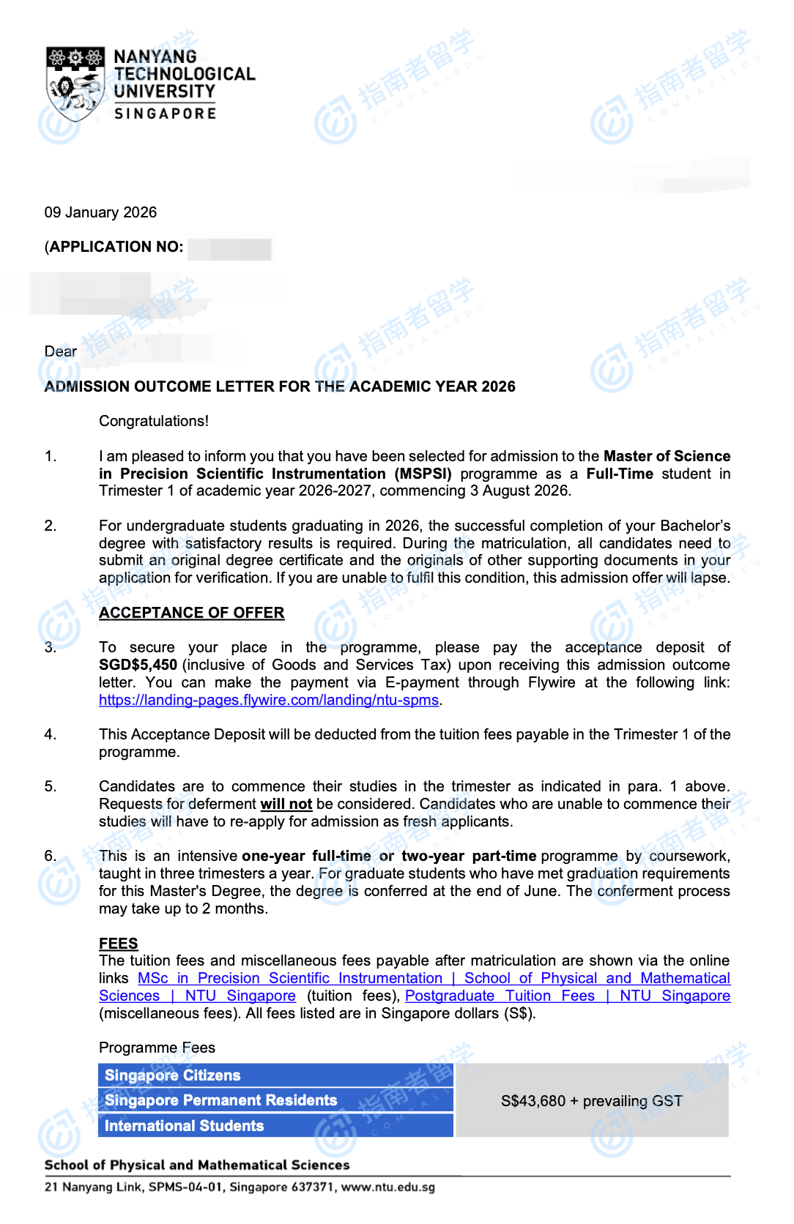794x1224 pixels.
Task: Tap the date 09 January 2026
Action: click(x=100, y=212)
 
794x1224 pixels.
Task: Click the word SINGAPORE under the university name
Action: click(x=165, y=113)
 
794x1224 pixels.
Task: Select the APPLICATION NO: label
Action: click(x=116, y=247)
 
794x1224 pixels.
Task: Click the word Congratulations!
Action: click(x=154, y=421)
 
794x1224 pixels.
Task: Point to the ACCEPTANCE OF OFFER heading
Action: click(x=191, y=613)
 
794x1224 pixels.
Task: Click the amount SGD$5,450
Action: click(x=138, y=665)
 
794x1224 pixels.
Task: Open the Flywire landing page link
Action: click(x=269, y=700)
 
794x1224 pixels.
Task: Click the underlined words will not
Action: click(x=286, y=804)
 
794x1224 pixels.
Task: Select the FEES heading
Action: click(x=118, y=944)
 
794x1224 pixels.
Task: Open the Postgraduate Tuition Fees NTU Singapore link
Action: click(x=567, y=996)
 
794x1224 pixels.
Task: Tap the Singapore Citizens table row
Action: click(x=275, y=1075)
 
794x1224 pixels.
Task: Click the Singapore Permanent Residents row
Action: click(x=275, y=1100)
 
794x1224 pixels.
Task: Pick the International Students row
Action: click(x=275, y=1125)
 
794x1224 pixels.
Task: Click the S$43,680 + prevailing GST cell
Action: click(x=591, y=1101)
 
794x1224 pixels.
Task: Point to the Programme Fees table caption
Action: click(x=157, y=1048)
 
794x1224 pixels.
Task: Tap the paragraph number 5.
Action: click(x=50, y=786)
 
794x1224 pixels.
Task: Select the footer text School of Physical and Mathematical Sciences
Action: click(x=197, y=1165)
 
